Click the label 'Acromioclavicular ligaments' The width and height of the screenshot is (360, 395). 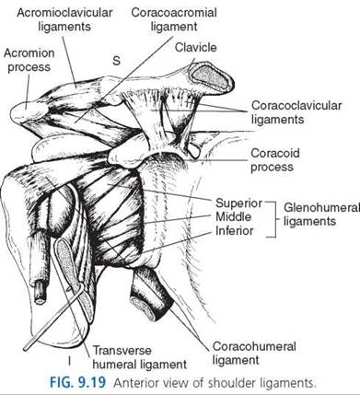click(x=64, y=19)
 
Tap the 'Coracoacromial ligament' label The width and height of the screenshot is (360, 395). click(x=174, y=19)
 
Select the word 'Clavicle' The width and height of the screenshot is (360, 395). click(x=196, y=47)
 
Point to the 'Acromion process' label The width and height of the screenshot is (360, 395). click(x=29, y=60)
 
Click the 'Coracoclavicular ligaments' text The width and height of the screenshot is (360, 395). click(x=296, y=112)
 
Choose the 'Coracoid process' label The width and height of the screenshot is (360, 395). click(x=275, y=160)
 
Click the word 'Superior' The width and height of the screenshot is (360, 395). click(x=238, y=203)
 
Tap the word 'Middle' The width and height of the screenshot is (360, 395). click(x=233, y=216)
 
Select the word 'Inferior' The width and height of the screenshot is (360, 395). click(x=234, y=230)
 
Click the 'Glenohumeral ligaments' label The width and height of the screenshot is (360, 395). click(x=320, y=215)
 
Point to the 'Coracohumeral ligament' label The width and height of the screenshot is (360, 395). click(x=254, y=354)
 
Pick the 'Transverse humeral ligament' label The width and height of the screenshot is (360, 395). click(x=140, y=357)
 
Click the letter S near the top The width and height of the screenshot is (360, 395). click(x=116, y=61)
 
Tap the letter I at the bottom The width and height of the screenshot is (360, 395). click(x=70, y=362)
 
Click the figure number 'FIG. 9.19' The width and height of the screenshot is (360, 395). click(x=78, y=383)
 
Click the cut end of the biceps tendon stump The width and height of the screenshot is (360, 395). click(x=41, y=294)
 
